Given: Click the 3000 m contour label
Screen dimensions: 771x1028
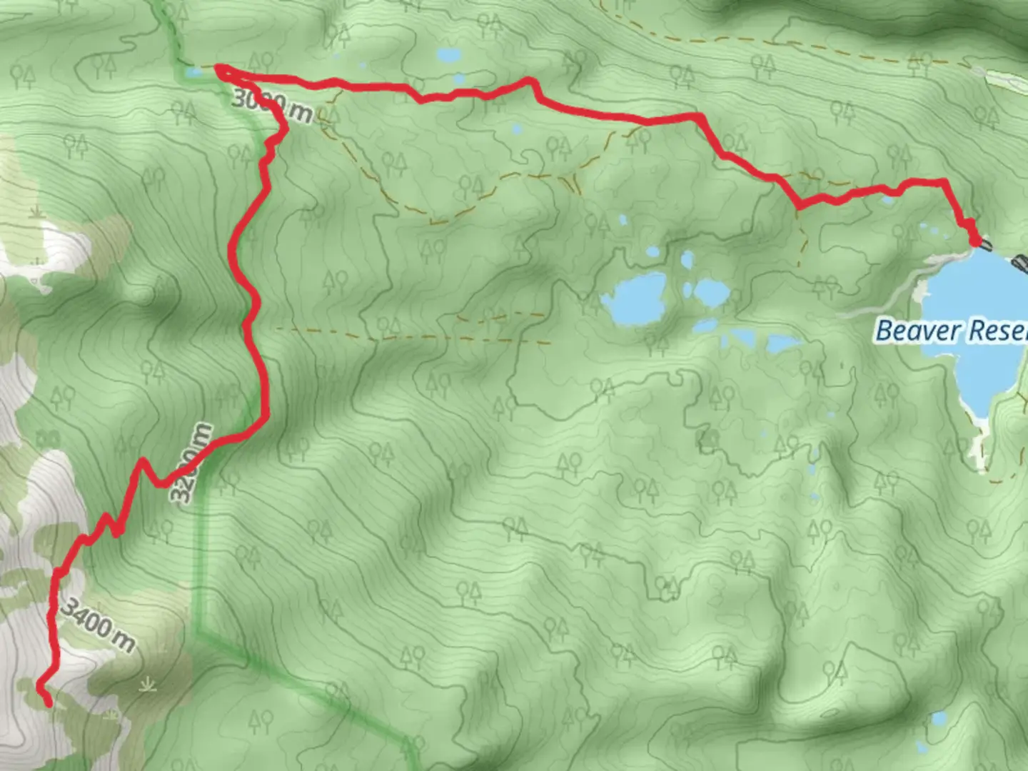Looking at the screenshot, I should click(271, 108).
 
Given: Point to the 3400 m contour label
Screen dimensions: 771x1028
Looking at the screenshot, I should click(97, 625).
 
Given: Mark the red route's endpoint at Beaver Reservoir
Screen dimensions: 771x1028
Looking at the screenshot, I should click(975, 242).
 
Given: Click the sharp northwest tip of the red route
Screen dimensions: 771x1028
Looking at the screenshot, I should click(218, 69).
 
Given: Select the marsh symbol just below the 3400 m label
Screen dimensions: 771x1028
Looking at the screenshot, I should click(148, 685).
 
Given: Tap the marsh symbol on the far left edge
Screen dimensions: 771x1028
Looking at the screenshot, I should click(36, 212).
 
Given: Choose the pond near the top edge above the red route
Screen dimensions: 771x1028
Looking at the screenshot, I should click(449, 54).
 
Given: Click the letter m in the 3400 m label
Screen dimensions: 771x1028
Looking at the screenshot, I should click(123, 641).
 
